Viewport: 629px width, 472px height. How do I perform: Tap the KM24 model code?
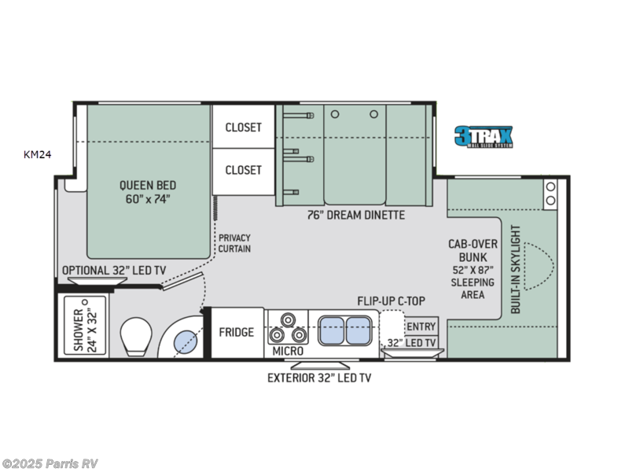pyautogui.click(x=37, y=155)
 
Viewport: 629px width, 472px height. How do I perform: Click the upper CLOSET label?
pyautogui.click(x=243, y=127)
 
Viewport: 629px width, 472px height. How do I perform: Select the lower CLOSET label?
pyautogui.click(x=243, y=170)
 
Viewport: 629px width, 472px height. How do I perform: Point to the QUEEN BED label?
pyautogui.click(x=145, y=192)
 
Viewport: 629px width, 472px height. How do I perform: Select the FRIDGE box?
pyautogui.click(x=236, y=332)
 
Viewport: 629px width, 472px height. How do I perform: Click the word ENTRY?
pyautogui.click(x=421, y=326)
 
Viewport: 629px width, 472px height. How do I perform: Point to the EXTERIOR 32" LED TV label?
pyautogui.click(x=318, y=378)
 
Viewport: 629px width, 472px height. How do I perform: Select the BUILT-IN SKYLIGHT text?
pyautogui.click(x=517, y=270)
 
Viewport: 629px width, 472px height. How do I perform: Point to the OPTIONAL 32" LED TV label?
pyautogui.click(x=115, y=270)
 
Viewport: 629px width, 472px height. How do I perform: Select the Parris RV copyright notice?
pyautogui.click(x=50, y=463)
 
